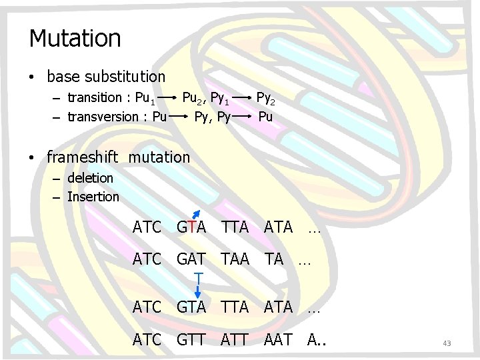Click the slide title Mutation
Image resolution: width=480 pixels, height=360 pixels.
pyautogui.click(x=75, y=38)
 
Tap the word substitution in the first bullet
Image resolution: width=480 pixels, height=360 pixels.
pyautogui.click(x=123, y=77)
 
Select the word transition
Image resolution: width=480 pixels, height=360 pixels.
pyautogui.click(x=95, y=99)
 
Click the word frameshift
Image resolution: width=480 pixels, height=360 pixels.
pyautogui.click(x=83, y=157)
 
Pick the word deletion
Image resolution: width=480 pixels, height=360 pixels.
pyautogui.click(x=90, y=178)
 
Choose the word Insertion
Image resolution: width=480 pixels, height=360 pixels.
pyautogui.click(x=93, y=197)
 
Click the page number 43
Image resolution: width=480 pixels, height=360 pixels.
pyautogui.click(x=447, y=343)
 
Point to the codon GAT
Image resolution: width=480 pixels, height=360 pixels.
pyautogui.click(x=191, y=259)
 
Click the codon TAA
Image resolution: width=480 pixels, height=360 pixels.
pyautogui.click(x=235, y=259)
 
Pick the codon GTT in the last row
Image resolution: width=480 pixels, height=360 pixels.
pyautogui.click(x=191, y=339)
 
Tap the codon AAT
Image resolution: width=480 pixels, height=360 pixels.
pyautogui.click(x=278, y=339)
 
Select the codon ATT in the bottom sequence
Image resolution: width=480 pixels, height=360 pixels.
pyautogui.click(x=235, y=339)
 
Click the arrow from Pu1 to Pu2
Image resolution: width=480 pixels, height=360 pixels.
pyautogui.click(x=169, y=99)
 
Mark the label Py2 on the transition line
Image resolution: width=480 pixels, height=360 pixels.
pyautogui.click(x=265, y=99)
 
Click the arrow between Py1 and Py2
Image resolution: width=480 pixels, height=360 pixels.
pyautogui.click(x=243, y=99)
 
